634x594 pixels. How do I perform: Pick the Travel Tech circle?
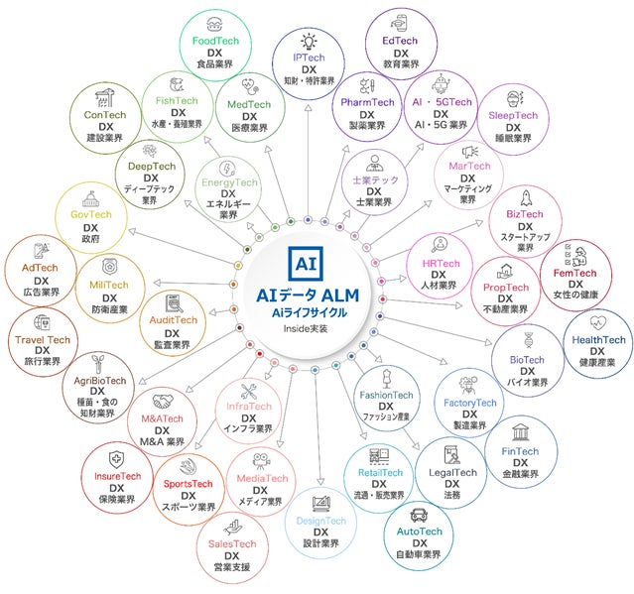43,342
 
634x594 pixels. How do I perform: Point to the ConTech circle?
105,119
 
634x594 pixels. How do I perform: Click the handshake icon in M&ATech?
162,401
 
